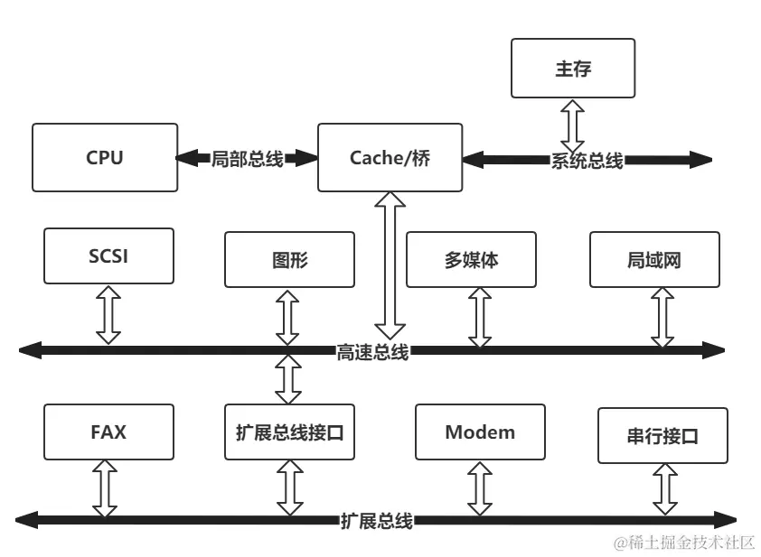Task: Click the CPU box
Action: (x=105, y=158)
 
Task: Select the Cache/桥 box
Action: (x=390, y=158)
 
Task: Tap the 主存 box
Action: (x=573, y=69)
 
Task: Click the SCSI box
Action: (x=108, y=256)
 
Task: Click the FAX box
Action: (x=108, y=432)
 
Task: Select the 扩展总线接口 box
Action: (x=289, y=432)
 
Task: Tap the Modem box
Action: (x=480, y=432)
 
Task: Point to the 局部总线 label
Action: (x=247, y=159)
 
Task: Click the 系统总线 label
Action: (x=587, y=161)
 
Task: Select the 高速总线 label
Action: (x=372, y=351)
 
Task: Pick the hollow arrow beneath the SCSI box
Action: (x=108, y=314)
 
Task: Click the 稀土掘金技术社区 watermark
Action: (x=684, y=543)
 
